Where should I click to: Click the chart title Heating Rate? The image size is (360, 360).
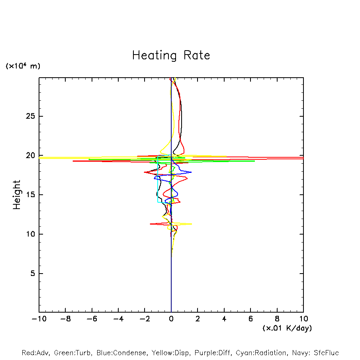171,55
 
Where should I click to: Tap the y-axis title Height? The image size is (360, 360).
17,195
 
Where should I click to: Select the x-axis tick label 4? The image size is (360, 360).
224,319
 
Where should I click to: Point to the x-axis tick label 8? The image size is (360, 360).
277,319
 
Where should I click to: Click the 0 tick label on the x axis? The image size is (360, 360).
171,319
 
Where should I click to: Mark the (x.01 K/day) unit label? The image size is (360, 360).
287,328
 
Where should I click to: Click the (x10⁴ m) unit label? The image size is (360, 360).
23,66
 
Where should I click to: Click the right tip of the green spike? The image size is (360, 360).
254,161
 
